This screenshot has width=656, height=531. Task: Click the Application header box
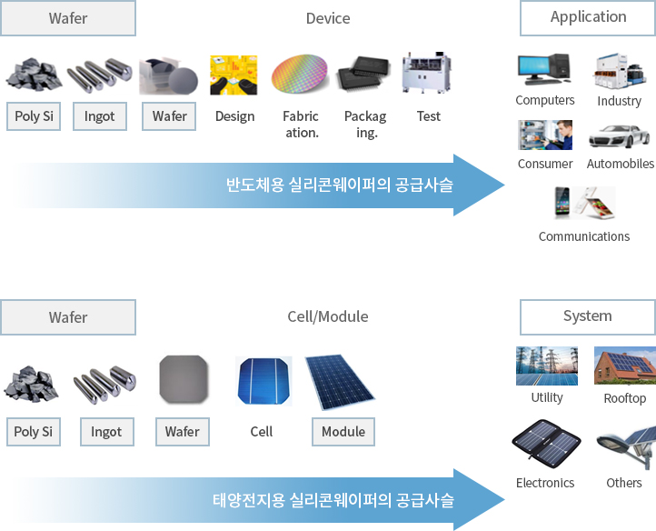pos(588,17)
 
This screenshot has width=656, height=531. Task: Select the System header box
pos(588,316)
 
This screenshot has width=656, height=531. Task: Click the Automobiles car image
pos(619,136)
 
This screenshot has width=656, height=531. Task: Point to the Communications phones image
pos(584,203)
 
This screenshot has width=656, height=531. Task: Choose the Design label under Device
pos(234,116)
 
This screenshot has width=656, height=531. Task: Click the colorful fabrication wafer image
pos(300,75)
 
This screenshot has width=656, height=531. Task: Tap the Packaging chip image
pos(365,75)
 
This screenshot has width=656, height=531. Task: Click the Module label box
pos(343,432)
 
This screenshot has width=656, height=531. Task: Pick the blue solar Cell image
pos(263,382)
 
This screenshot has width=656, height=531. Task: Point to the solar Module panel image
pos(338,381)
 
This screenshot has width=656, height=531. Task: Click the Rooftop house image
pos(624,366)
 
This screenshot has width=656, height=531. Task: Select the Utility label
pos(547,397)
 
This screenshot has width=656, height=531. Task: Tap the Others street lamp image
pos(626,447)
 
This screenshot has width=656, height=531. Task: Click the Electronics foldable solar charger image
pos(545,446)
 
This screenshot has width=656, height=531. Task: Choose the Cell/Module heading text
pos(327,317)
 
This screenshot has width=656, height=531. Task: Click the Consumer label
pos(545,164)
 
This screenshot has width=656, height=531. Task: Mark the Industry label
pos(619,101)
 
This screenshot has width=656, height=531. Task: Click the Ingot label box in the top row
pos(99,116)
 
